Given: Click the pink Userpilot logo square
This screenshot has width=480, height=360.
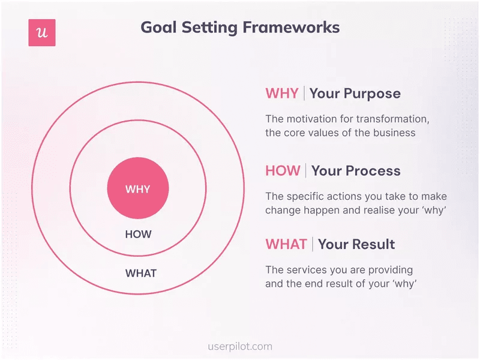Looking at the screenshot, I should [x=42, y=32].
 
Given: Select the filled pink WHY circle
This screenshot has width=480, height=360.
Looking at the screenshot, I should [x=138, y=189].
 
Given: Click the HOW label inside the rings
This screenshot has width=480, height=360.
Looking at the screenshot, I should [x=138, y=235].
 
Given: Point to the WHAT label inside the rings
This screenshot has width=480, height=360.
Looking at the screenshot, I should [x=140, y=274].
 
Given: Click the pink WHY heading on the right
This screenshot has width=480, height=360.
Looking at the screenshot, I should [x=281, y=94].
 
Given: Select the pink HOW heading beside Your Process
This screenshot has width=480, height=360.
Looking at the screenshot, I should [x=283, y=170].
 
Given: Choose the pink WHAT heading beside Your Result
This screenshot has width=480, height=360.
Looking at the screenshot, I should [x=286, y=244].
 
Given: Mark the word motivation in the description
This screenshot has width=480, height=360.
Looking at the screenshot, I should [x=311, y=119].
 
